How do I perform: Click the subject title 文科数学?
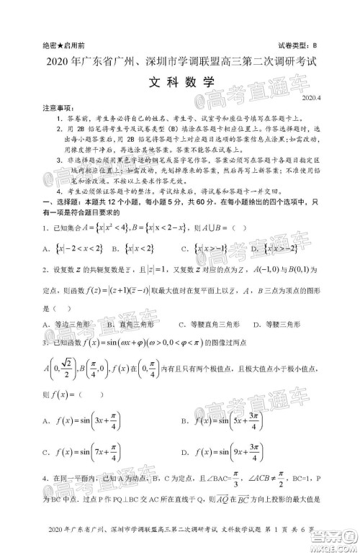click(179, 81)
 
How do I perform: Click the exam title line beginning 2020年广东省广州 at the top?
click(180, 61)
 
